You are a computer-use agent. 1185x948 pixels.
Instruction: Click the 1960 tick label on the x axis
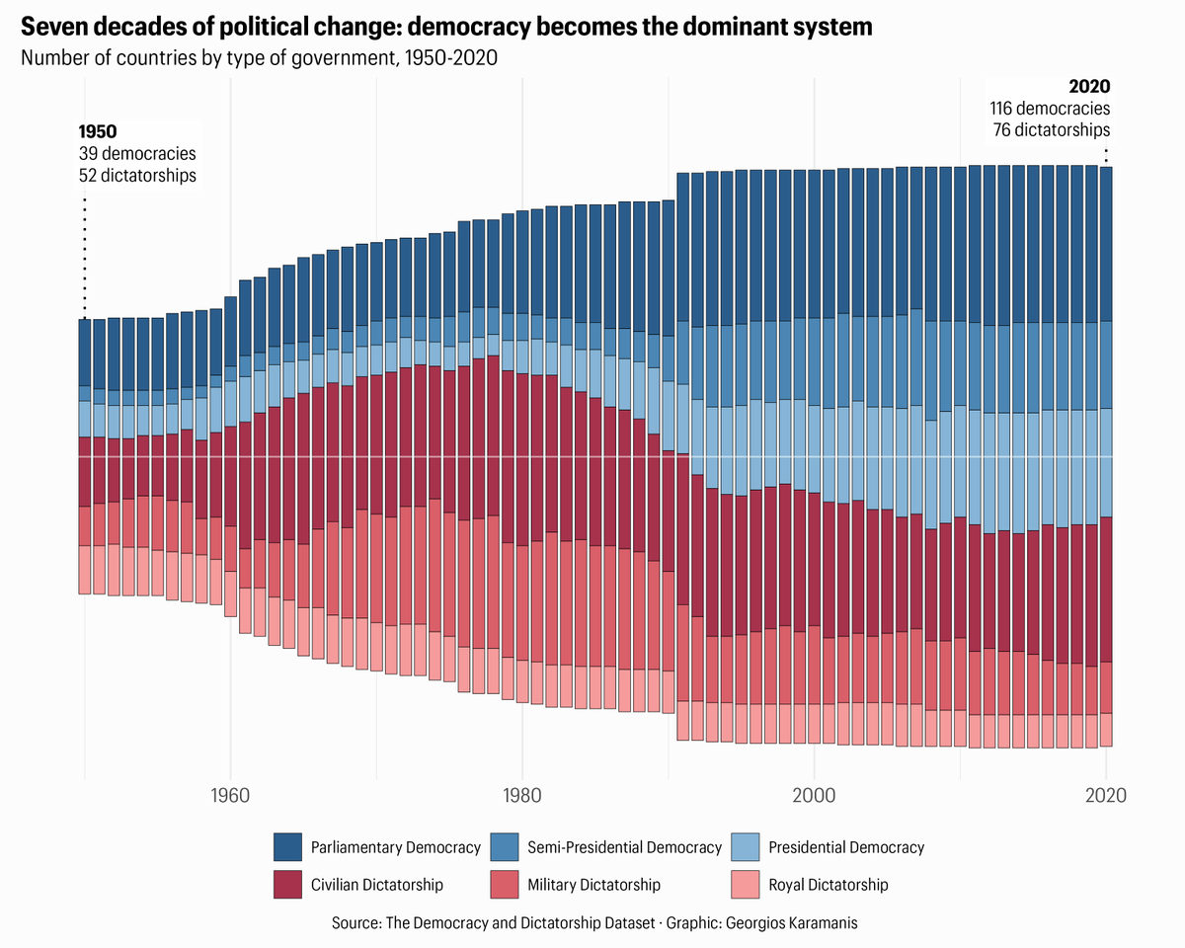coord(230,795)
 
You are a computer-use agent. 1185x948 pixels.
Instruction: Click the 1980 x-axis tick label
coord(521,795)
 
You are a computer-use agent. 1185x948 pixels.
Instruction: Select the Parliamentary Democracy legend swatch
coord(288,847)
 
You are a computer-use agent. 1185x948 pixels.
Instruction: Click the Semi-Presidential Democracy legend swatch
coord(505,847)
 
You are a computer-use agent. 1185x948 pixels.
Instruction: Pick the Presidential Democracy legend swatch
coord(746,847)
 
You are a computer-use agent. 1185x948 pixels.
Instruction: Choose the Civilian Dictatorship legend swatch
coord(288,885)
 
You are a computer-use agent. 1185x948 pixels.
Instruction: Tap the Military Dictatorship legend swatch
coord(505,885)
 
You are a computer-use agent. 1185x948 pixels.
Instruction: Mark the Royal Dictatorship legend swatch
coord(746,885)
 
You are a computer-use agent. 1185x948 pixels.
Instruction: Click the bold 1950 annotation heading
coord(99,131)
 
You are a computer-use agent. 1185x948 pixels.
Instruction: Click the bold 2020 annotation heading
coord(1089,87)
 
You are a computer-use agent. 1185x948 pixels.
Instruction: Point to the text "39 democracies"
coord(137,154)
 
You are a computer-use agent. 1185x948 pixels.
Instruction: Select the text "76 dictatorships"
coord(1051,130)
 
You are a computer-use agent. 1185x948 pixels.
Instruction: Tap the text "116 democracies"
coord(1050,109)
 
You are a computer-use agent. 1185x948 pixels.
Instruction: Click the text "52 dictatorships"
coord(137,176)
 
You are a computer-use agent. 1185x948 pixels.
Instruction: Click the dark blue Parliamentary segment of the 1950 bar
coord(85,353)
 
